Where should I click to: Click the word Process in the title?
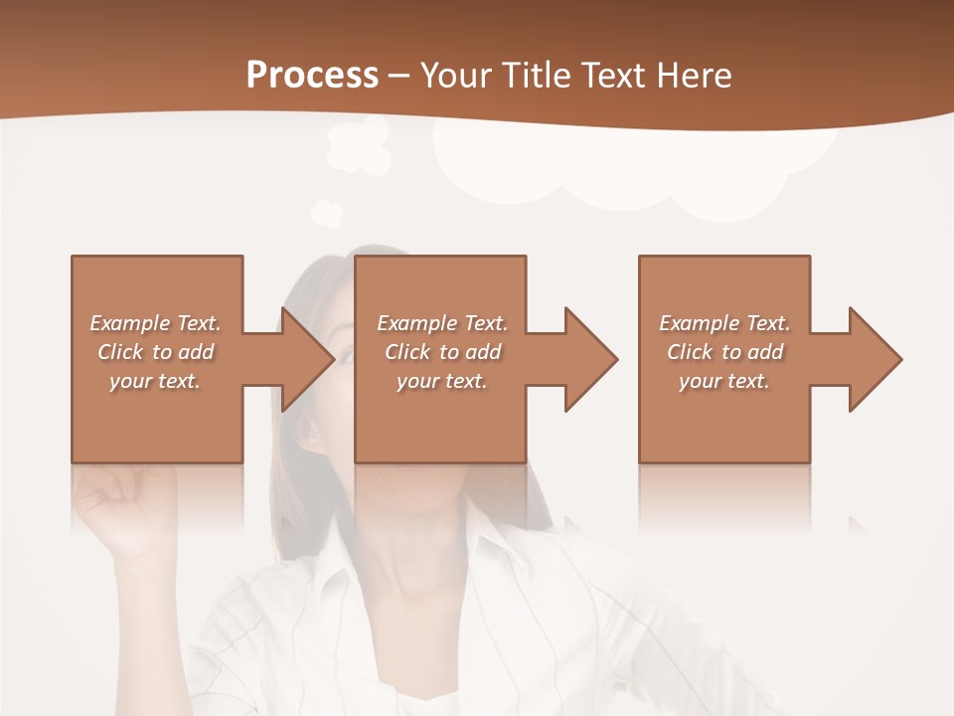[312, 76]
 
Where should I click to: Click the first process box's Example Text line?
[155, 323]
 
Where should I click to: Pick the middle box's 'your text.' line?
[441, 381]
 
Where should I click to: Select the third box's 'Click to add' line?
[724, 352]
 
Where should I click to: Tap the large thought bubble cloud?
[636, 169]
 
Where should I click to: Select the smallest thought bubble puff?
[326, 212]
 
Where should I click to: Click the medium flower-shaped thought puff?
[358, 146]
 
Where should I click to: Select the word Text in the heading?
[612, 76]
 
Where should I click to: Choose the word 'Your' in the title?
[458, 76]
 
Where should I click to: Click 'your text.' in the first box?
[155, 381]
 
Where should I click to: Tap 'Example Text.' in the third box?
[724, 323]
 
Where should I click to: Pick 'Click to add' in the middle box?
[441, 352]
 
